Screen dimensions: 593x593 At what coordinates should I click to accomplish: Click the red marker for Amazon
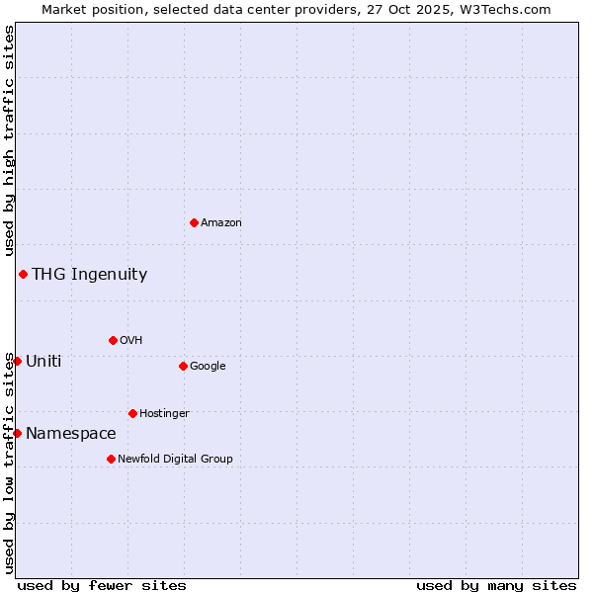point(194,222)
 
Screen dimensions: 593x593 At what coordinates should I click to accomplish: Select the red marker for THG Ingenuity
point(23,274)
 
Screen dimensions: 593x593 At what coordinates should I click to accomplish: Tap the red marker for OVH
point(113,340)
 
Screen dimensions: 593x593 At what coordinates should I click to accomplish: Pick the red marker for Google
point(183,366)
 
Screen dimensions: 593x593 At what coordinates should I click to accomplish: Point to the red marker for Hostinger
point(132,413)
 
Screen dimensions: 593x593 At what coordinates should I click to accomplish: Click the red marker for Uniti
point(17,361)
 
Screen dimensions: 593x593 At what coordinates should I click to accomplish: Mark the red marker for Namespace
point(17,433)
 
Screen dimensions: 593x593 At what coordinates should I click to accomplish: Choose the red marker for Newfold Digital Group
point(111,459)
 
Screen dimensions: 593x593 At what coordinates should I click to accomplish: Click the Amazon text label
point(221,222)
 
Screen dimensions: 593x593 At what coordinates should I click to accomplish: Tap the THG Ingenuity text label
point(89,274)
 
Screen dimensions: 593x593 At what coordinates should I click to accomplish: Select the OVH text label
point(131,340)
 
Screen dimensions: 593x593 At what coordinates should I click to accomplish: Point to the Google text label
point(208,366)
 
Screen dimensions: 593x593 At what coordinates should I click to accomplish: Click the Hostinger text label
point(164,413)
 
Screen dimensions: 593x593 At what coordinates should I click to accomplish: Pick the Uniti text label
point(43,361)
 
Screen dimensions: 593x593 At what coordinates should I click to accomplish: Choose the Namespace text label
point(71,433)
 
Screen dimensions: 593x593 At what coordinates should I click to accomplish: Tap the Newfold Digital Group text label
point(175,459)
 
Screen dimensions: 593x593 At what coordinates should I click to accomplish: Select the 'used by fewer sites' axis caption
point(102,585)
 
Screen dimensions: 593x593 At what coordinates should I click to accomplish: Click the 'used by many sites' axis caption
point(496,585)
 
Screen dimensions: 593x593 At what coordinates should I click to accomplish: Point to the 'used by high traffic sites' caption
point(9,141)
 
